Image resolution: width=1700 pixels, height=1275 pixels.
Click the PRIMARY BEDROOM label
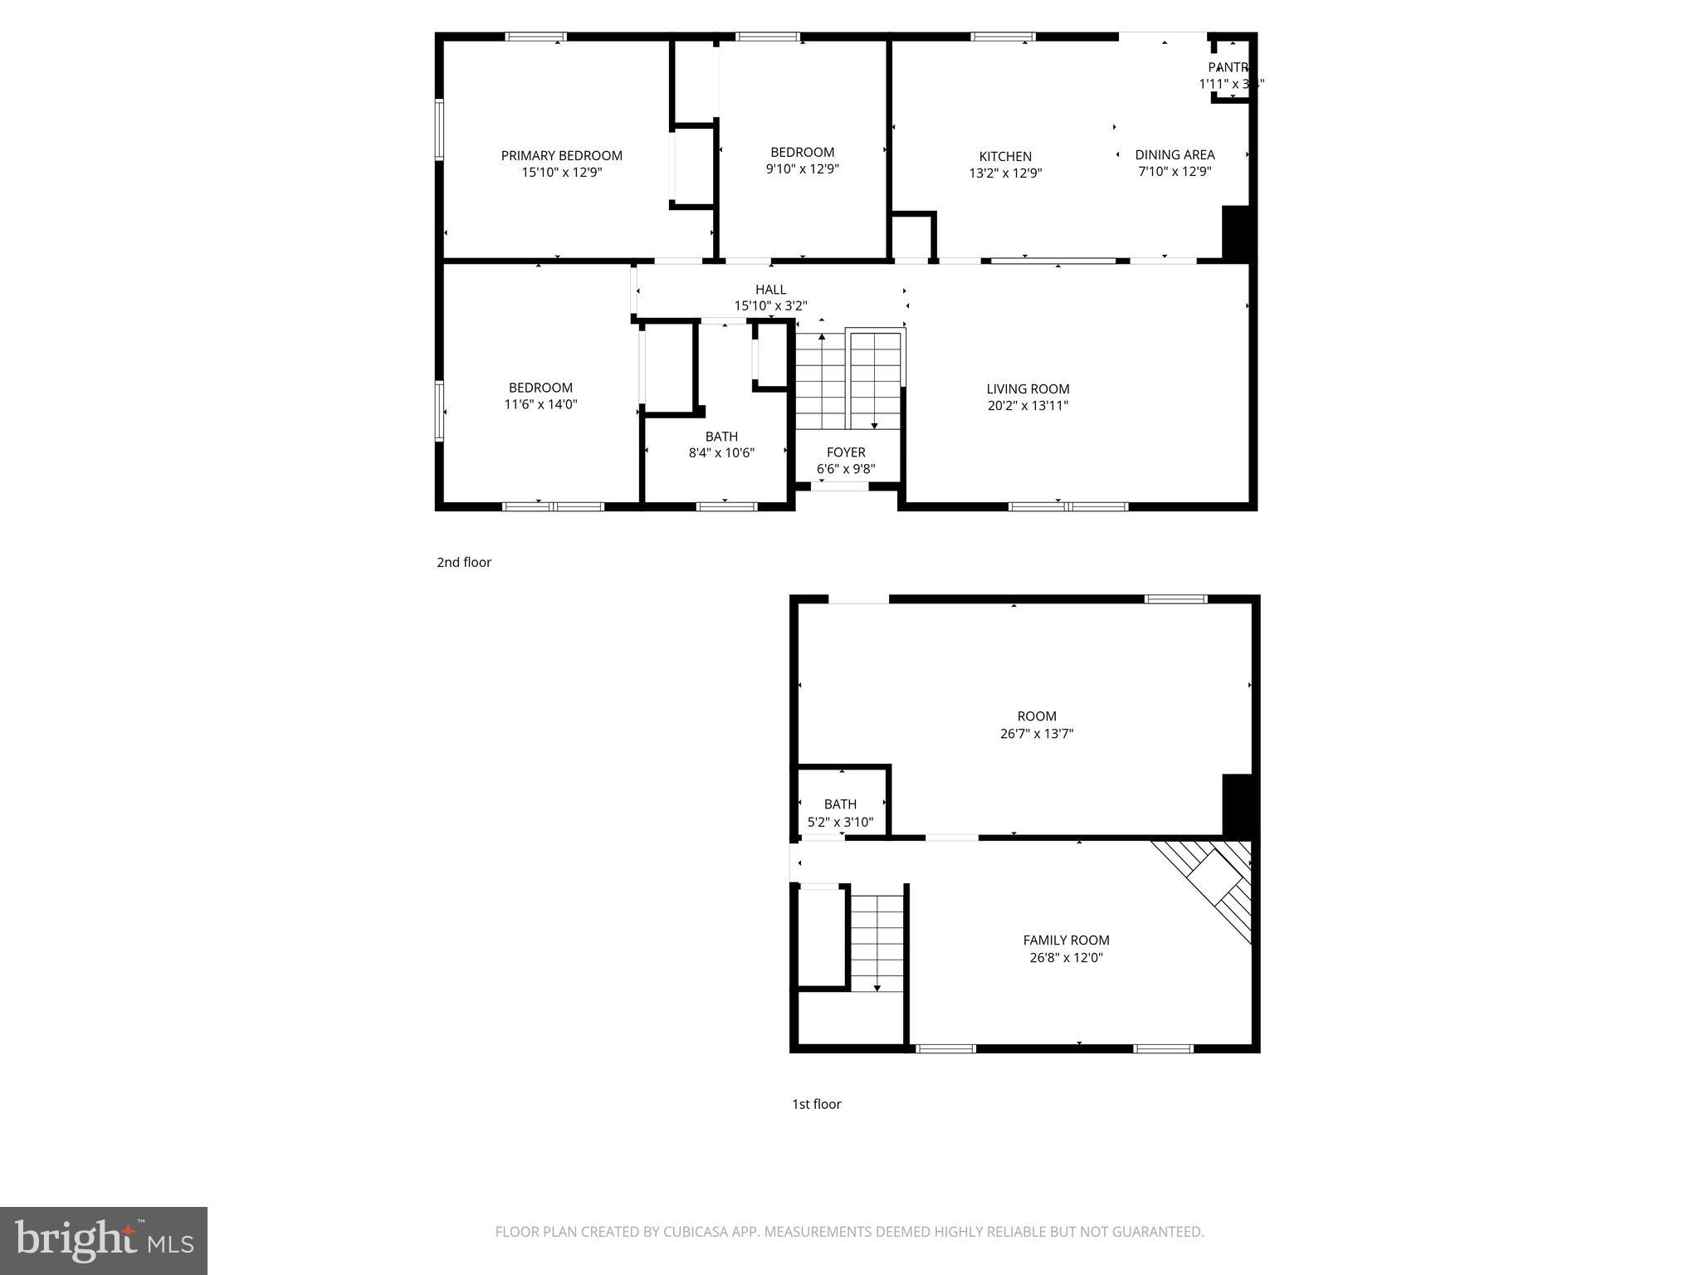[x=561, y=156]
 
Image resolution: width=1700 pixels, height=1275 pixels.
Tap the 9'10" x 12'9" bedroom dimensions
[x=802, y=169]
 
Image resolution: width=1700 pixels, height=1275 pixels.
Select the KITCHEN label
[x=1005, y=157]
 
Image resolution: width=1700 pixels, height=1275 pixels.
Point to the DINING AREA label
[x=1175, y=155]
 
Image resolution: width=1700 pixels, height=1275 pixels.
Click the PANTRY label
[x=1229, y=67]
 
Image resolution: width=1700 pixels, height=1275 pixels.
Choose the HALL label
[x=770, y=290]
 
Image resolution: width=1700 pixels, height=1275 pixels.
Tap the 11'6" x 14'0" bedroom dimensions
[x=540, y=405]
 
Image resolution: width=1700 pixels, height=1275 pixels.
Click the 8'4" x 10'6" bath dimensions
[x=721, y=453]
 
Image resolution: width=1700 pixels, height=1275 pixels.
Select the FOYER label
[x=846, y=452]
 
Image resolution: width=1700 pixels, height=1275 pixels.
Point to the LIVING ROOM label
[x=1028, y=389]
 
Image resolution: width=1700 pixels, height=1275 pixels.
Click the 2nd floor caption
[x=464, y=563]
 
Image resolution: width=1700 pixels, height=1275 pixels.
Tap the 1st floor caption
[x=816, y=1104]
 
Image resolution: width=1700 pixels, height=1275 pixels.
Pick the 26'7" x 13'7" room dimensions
[x=1037, y=734]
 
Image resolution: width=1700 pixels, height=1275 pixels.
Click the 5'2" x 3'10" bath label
[x=840, y=804]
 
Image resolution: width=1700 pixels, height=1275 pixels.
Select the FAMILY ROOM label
[x=1066, y=940]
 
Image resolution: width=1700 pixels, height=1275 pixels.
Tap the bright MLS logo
[x=104, y=1241]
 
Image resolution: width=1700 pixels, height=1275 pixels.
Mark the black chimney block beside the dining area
[x=1236, y=233]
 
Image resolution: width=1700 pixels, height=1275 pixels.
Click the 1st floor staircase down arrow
[x=877, y=987]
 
